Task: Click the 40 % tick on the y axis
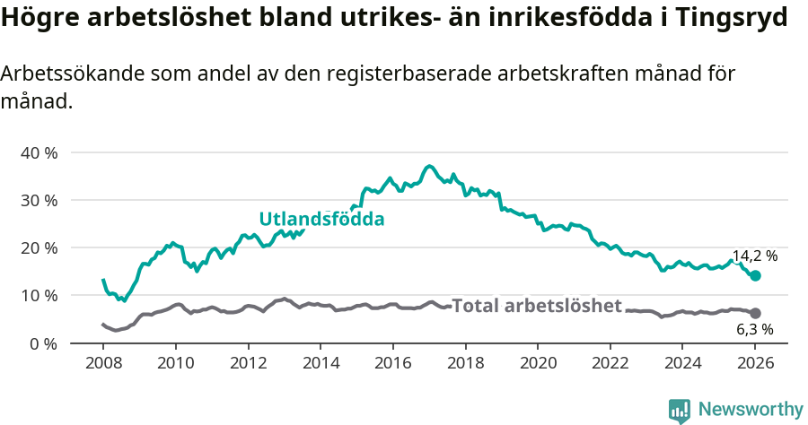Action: click(x=39, y=152)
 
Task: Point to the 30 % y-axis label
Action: click(x=39, y=200)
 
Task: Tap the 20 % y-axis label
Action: click(x=39, y=247)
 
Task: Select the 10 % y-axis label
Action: click(x=39, y=295)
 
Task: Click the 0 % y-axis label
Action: click(x=42, y=343)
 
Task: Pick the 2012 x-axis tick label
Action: click(x=248, y=364)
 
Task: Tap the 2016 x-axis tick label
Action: click(x=392, y=364)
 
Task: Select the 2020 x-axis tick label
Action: click(x=538, y=364)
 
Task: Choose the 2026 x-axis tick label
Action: click(x=755, y=364)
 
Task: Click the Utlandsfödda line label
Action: click(x=321, y=219)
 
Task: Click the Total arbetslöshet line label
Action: click(x=536, y=306)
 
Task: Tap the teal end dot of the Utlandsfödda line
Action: click(x=756, y=275)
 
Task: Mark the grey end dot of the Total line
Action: click(x=756, y=313)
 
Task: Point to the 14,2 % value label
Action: click(x=754, y=256)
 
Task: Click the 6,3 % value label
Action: click(x=754, y=330)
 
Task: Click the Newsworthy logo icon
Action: click(x=680, y=410)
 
